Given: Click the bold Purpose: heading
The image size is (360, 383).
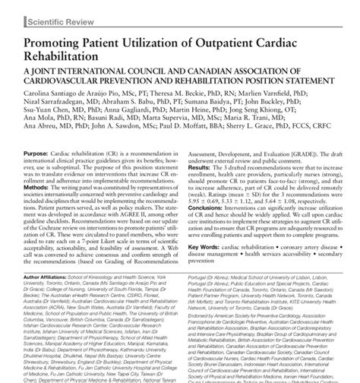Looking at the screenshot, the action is (x=30, y=152).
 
